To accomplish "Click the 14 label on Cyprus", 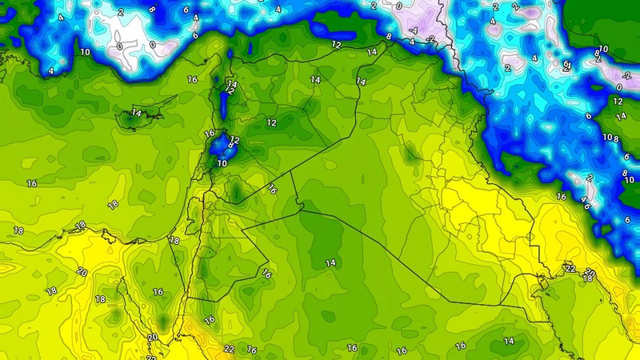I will tap(136, 114).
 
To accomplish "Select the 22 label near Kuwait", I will tap(570, 267).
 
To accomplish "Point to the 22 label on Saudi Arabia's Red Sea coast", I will tap(230, 349).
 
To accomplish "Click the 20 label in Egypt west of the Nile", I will tap(81, 272).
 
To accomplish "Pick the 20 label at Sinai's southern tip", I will tap(152, 338).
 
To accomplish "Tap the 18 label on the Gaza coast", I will tap(174, 240).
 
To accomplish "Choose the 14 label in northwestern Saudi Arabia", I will tap(330, 262).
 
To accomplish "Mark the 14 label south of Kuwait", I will tap(509, 342).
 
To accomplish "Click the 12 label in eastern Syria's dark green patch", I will tap(272, 122).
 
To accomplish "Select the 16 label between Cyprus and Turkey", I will tap(192, 80).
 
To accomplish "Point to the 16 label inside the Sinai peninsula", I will tap(158, 292).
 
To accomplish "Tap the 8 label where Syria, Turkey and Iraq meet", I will tap(390, 36).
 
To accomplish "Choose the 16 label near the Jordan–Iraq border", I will tap(272, 190).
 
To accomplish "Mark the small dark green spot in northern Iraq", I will tap(410, 151).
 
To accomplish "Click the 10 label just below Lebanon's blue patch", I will tap(222, 163).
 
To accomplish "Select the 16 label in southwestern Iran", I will tap(561, 196).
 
